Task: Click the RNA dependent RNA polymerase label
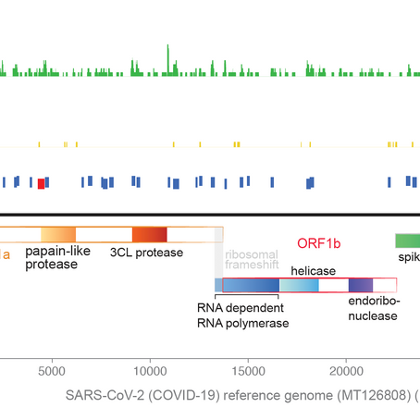[x=243, y=315]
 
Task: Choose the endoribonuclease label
[x=373, y=308]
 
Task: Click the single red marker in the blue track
[x=41, y=183]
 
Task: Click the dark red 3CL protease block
[x=150, y=234]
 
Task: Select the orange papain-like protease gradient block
[x=57, y=234]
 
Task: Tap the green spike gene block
[x=407, y=241]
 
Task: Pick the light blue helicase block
[x=299, y=286]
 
